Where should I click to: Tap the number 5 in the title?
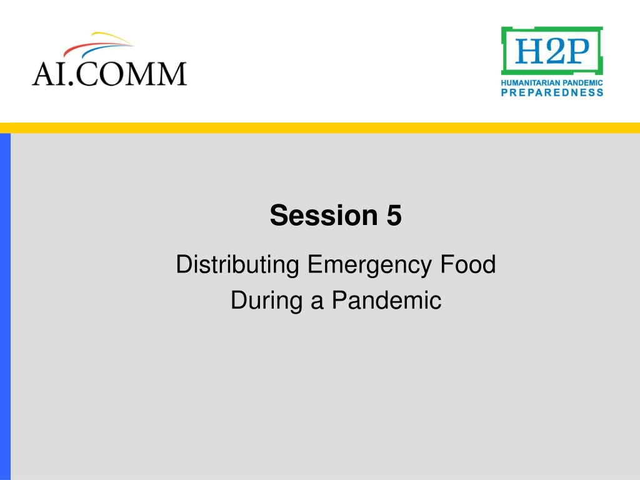pyautogui.click(x=394, y=215)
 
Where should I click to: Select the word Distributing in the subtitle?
pyautogui.click(x=237, y=265)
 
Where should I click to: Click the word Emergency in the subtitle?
pyautogui.click(x=369, y=265)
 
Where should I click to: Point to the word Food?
pyautogui.click(x=467, y=264)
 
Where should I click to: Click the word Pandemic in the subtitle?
pyautogui.click(x=386, y=300)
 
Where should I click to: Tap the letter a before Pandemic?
pyautogui.click(x=317, y=303)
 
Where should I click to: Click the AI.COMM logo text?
pyautogui.click(x=109, y=74)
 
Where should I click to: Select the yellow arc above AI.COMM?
pyautogui.click(x=112, y=36)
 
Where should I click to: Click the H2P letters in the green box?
pyautogui.click(x=552, y=51)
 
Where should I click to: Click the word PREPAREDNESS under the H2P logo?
pyautogui.click(x=552, y=92)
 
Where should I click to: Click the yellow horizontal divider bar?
pyautogui.click(x=320, y=127)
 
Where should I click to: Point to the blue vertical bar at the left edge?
pyautogui.click(x=5, y=306)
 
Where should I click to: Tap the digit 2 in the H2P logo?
pyautogui.click(x=552, y=51)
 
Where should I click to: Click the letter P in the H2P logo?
pyautogui.click(x=577, y=51)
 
